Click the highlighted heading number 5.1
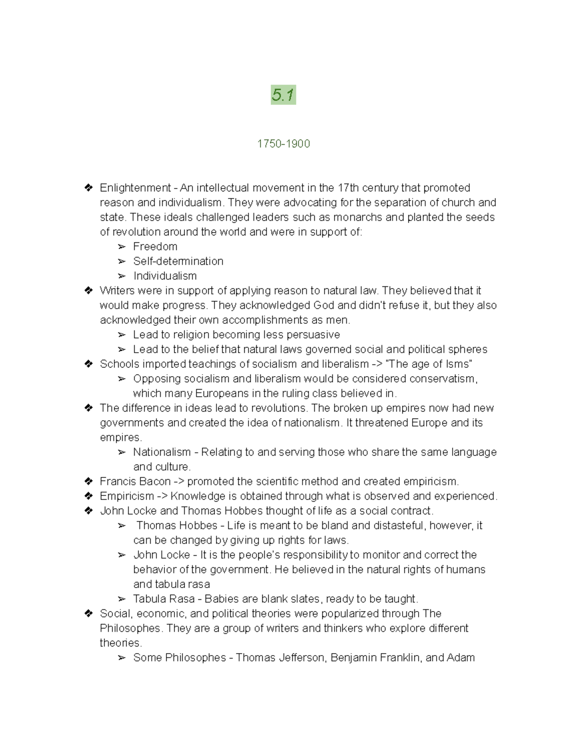283,95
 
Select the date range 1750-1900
283,144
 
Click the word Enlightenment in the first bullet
135,188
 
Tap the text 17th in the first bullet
349,188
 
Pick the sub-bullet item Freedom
155,247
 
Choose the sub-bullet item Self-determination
178,261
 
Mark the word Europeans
221,393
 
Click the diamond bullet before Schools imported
88,364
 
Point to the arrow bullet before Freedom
122,247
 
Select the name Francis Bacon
135,481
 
